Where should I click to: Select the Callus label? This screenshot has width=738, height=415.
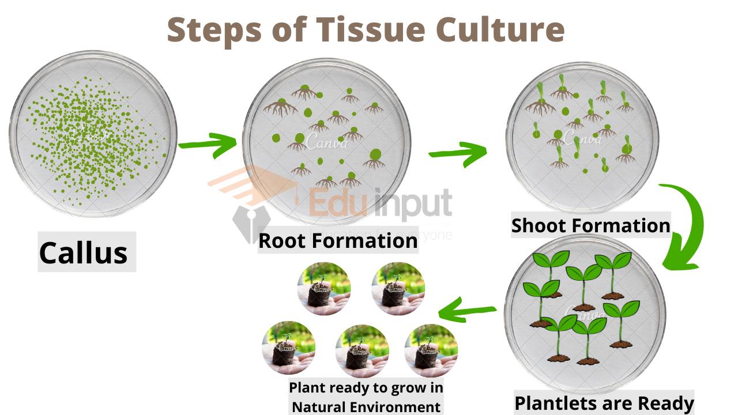click(84, 252)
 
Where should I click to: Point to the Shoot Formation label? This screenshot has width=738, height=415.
click(590, 225)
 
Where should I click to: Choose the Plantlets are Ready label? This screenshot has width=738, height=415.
click(604, 403)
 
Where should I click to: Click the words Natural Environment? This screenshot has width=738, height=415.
click(366, 406)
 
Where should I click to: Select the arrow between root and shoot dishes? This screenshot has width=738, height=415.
click(457, 153)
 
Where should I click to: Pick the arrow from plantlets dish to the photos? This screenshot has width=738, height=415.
click(467, 311)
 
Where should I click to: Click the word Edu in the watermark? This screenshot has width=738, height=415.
click(332, 203)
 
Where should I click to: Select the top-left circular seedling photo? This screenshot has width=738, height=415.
click(323, 289)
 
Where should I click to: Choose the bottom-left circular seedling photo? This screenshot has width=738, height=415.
click(288, 348)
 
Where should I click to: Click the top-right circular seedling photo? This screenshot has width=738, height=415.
click(398, 289)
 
